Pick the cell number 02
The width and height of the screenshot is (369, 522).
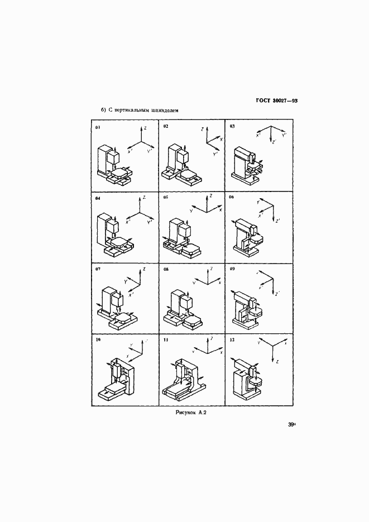[166, 127]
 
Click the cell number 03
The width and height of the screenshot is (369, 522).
[232, 127]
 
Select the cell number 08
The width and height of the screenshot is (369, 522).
[166, 269]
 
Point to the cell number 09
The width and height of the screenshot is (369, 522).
[232, 269]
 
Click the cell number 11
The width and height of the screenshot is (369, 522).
[166, 339]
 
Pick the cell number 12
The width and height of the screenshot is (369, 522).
[232, 339]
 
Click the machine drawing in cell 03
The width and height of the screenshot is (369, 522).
[247, 163]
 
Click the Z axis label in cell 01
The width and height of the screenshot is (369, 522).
[145, 128]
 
